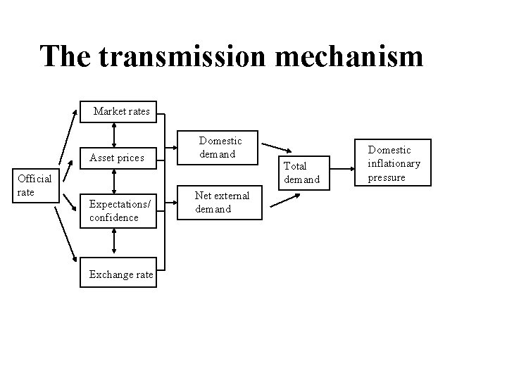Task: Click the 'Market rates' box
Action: tap(121, 111)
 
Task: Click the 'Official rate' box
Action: tap(35, 185)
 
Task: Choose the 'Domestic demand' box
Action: tap(218, 148)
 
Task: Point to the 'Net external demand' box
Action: tap(222, 202)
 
